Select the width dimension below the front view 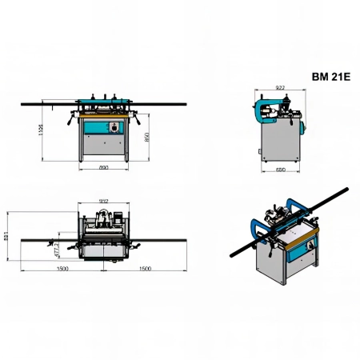point(105,169)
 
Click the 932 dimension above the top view point(103,201)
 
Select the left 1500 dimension point(62,270)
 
